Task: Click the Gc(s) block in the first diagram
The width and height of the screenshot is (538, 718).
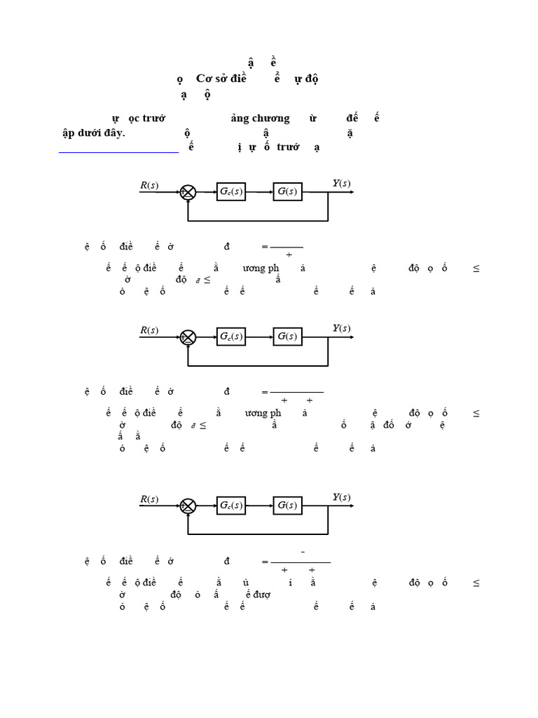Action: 231,191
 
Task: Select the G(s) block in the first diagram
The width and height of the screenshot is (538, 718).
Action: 287,191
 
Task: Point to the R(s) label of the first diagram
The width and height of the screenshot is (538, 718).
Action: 149,185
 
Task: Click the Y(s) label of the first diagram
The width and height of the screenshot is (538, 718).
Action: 341,184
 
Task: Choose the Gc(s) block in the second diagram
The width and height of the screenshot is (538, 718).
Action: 231,337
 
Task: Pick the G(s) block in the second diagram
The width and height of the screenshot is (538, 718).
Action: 287,337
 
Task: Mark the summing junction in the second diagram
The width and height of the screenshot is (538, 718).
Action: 188,337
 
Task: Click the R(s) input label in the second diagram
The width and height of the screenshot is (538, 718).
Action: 149,330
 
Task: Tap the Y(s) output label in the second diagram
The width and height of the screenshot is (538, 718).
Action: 341,328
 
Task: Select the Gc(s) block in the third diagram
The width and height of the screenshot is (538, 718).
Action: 231,506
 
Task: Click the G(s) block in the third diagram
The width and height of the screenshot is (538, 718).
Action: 287,506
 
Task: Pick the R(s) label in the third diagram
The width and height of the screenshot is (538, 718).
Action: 149,499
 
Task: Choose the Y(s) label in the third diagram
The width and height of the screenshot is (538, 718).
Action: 341,498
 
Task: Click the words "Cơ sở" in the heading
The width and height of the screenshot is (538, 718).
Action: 200,79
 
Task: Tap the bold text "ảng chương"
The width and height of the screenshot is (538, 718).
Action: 260,118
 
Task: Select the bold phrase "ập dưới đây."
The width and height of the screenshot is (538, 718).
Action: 93,133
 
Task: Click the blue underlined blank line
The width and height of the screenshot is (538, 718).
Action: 118,151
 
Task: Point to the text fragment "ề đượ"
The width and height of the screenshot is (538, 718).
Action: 257,594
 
